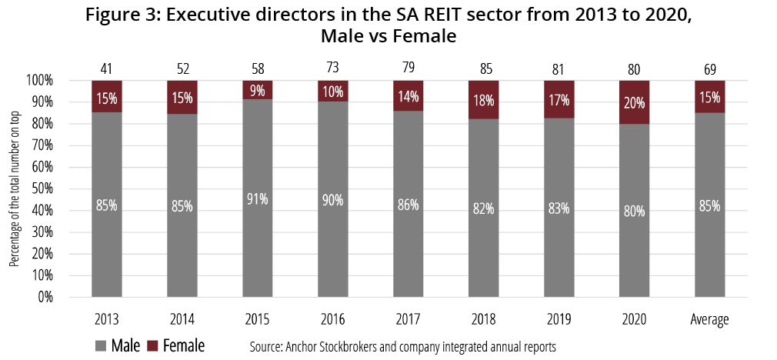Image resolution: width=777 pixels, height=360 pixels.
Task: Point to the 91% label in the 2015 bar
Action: pyautogui.click(x=258, y=198)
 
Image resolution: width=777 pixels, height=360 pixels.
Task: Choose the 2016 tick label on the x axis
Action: pyautogui.click(x=333, y=318)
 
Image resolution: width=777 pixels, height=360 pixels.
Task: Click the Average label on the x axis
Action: pyautogui.click(x=710, y=318)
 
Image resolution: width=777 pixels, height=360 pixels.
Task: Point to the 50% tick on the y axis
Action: pyautogui.click(x=42, y=188)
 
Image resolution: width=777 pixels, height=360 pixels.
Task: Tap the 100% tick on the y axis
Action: pyautogui.click(x=40, y=80)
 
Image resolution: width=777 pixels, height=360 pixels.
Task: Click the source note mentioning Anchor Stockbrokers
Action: pyautogui.click(x=402, y=347)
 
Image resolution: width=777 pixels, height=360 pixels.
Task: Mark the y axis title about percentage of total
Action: pyautogui.click(x=14, y=188)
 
